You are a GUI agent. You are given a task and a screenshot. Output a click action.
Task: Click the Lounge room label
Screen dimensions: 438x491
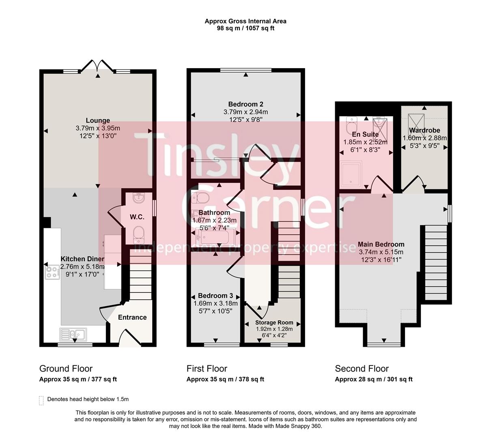pos(98,120)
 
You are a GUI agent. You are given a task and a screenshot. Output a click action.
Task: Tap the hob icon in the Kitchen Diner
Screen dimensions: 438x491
pos(52,272)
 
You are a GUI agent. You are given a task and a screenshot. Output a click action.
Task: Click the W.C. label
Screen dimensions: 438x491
pos(137,217)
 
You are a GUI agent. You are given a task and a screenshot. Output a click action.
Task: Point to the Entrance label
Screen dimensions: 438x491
pos(132,317)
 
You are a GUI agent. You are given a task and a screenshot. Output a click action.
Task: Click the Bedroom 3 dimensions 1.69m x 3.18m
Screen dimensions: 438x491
pos(215,303)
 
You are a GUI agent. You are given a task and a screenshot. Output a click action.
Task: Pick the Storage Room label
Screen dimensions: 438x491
pos(274,323)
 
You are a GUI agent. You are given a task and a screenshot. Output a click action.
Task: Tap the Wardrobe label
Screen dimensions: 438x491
pos(424,131)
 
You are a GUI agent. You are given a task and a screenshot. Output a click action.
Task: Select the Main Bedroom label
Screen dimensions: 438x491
pos(381,244)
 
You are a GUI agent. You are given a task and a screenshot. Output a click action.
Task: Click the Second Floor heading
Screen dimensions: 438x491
pos(362,369)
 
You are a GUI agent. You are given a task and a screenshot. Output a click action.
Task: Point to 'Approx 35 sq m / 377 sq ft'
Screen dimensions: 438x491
pos(78,380)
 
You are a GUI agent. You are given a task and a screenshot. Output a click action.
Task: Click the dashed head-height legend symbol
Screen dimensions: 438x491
pos(41,400)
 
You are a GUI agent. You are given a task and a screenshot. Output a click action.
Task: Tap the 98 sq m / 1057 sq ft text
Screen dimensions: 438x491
pos(245,28)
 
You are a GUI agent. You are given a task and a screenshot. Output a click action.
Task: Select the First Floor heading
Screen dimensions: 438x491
pos(207,369)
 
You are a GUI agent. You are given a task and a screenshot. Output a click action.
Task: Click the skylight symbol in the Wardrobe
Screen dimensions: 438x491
pos(416,120)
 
